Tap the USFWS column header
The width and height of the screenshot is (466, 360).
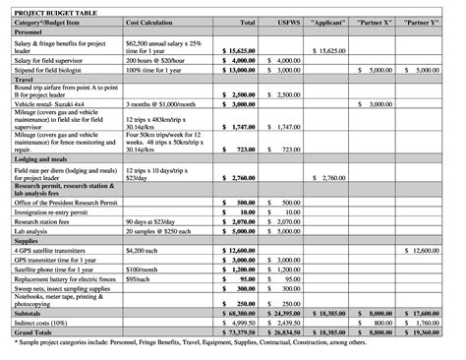click(286, 21)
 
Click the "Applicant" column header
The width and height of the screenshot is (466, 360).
click(331, 21)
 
